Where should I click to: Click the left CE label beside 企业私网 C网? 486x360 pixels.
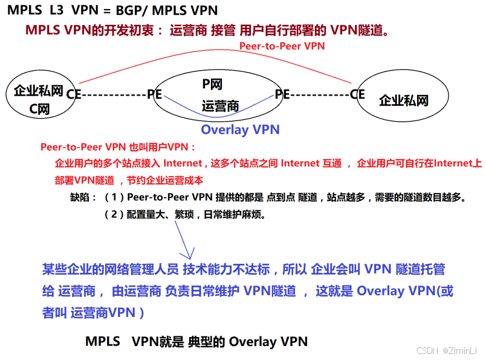click(x=74, y=94)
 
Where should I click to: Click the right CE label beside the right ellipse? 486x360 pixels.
click(x=357, y=94)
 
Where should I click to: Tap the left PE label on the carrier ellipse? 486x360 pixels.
click(x=155, y=94)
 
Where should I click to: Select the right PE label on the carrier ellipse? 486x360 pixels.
click(x=282, y=94)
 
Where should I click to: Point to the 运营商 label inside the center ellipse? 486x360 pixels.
click(x=220, y=106)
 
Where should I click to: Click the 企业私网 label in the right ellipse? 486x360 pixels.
click(x=403, y=100)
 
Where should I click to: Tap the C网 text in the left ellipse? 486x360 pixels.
click(x=39, y=110)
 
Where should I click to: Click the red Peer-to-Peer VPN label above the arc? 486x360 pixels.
click(x=282, y=46)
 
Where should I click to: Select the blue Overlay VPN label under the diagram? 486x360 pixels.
click(x=240, y=129)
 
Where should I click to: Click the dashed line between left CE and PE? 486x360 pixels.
click(x=114, y=94)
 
